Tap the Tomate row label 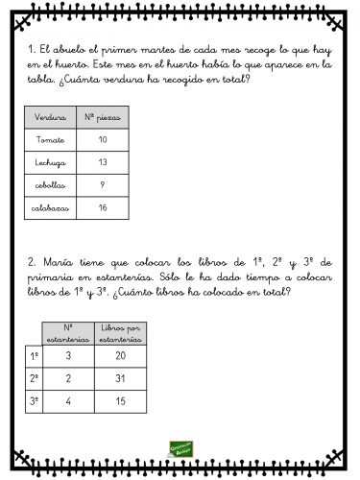click(49, 139)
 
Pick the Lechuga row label click(49, 162)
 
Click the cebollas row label click(49, 184)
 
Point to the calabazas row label click(49, 207)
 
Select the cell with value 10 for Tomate click(103, 139)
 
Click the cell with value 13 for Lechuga click(103, 162)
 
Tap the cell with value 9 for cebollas click(103, 184)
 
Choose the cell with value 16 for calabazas click(103, 207)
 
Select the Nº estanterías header click(68, 334)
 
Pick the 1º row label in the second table click(34, 356)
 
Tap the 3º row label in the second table click(34, 401)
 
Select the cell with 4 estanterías click(68, 401)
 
